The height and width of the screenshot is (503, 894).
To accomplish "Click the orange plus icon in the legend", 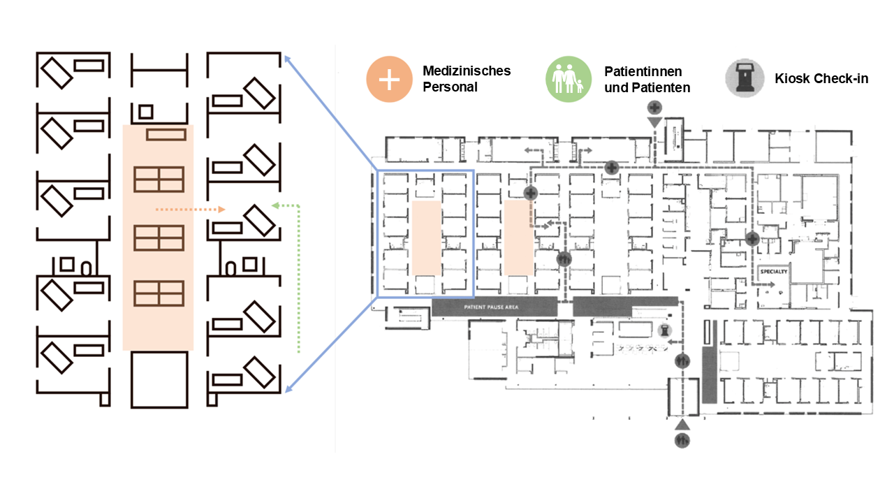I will click(x=390, y=79).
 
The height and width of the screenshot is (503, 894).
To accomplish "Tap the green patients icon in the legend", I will click(x=568, y=79).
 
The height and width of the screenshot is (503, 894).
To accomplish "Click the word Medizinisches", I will click(x=467, y=71).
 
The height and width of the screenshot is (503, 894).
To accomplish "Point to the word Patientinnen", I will click(x=643, y=71).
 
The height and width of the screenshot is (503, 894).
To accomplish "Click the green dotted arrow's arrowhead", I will click(x=274, y=205).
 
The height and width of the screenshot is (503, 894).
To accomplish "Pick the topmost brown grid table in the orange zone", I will click(x=159, y=180).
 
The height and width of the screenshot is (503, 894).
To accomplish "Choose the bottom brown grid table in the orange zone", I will click(x=159, y=293).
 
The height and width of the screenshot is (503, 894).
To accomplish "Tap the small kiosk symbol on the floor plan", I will click(x=664, y=331).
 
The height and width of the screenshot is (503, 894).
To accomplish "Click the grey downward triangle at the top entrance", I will click(x=654, y=123).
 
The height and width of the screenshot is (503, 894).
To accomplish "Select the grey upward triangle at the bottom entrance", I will click(x=682, y=425).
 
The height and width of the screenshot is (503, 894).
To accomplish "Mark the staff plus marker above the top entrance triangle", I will click(x=654, y=108).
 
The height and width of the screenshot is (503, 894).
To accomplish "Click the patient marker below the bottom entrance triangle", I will click(x=682, y=441).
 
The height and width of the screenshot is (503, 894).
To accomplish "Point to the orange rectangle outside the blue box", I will click(x=518, y=238).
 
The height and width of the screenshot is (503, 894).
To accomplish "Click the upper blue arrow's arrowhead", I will click(x=285, y=59).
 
